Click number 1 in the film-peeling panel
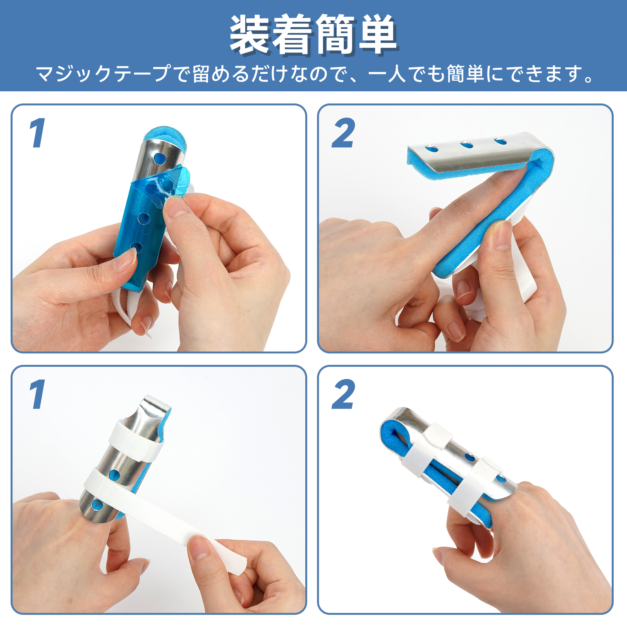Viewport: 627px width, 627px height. [x=37, y=133]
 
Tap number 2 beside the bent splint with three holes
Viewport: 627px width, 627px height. [x=343, y=133]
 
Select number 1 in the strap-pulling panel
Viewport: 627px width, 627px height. [x=37, y=394]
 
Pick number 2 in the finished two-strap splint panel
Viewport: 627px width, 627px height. [x=343, y=394]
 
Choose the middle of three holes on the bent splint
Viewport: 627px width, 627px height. [x=466, y=145]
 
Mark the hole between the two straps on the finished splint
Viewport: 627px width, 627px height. [x=469, y=457]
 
